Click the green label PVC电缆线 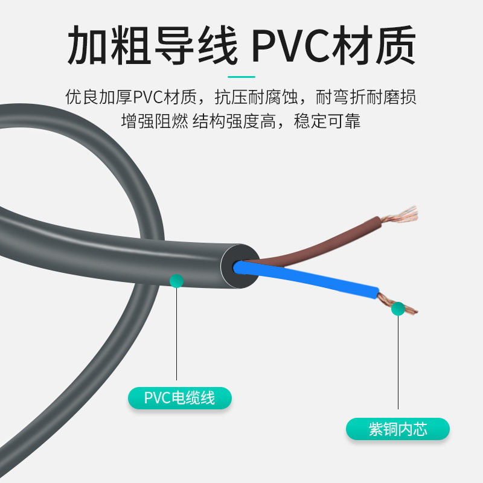179,398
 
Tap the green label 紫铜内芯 398,429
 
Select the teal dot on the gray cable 176,281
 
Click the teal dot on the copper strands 398,309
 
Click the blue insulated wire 305,280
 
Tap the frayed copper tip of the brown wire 400,215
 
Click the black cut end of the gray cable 240,266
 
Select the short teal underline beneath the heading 241,77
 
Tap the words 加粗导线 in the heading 153,45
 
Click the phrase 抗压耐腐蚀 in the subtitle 256,97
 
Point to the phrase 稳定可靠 327,121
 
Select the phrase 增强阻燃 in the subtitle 155,121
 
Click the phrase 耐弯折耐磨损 366,97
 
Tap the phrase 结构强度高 234,121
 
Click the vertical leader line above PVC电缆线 176,334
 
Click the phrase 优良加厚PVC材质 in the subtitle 131,97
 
